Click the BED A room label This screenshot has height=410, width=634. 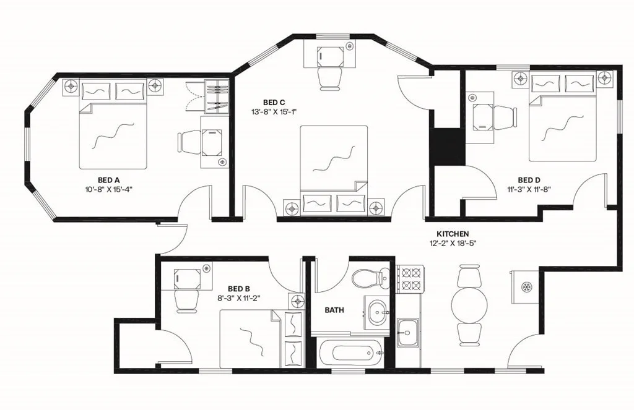pyautogui.click(x=109, y=179)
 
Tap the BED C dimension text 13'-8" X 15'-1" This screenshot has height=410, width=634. pyautogui.click(x=271, y=112)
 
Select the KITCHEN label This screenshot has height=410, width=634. pyautogui.click(x=453, y=234)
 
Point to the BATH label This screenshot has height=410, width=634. pyautogui.click(x=335, y=310)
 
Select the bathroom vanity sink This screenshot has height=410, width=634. pyautogui.click(x=377, y=312)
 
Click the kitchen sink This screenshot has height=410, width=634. pyautogui.click(x=408, y=333)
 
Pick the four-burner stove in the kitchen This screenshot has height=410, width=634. pyautogui.click(x=410, y=279)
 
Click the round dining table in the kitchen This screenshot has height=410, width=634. pyautogui.click(x=469, y=305)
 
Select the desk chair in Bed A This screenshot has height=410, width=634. pyautogui.click(x=189, y=143)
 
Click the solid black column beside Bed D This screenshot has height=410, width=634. pyautogui.click(x=448, y=146)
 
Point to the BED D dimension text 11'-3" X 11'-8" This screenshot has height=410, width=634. pyautogui.click(x=529, y=189)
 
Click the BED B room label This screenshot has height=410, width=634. pyautogui.click(x=239, y=289)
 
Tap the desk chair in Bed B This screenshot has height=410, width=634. pyautogui.click(x=186, y=301)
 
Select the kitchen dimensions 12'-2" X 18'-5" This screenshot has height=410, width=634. pyautogui.click(x=453, y=243)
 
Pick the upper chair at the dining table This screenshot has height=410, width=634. pyautogui.click(x=469, y=277)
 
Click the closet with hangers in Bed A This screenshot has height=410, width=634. pyautogui.click(x=216, y=97)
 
